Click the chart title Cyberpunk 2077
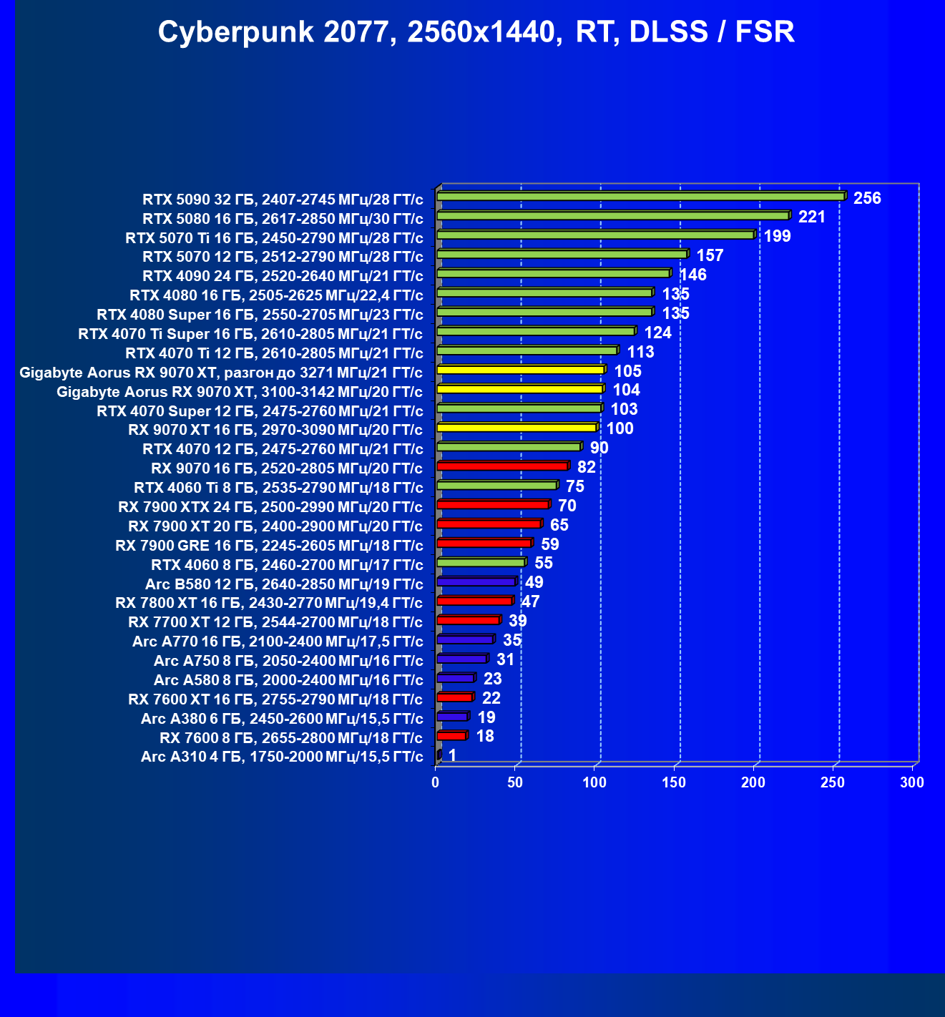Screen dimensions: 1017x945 click(x=476, y=32)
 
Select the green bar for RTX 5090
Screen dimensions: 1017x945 click(x=640, y=196)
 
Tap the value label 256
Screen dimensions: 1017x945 click(x=867, y=198)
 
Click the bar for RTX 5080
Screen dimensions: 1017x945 click(x=612, y=215)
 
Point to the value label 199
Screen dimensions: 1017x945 click(x=778, y=236)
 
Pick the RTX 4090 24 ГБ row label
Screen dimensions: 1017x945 click(x=283, y=276)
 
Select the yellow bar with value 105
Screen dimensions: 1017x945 click(x=520, y=370)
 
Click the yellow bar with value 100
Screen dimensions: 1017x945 click(x=516, y=428)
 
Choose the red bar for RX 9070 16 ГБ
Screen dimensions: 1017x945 click(x=501, y=466)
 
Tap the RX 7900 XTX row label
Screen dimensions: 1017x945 click(x=270, y=507)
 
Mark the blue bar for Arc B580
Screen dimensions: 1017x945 click(x=476, y=581)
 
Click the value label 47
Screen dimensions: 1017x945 click(x=530, y=601)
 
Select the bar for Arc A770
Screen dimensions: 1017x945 click(x=464, y=639)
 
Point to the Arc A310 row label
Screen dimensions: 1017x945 click(x=282, y=757)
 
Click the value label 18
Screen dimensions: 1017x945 click(x=485, y=736)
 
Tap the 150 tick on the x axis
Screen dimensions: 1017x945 click(x=674, y=782)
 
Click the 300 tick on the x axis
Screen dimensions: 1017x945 click(x=912, y=782)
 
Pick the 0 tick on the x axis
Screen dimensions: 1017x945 click(x=436, y=782)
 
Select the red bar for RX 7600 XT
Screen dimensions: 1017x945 click(x=454, y=697)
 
